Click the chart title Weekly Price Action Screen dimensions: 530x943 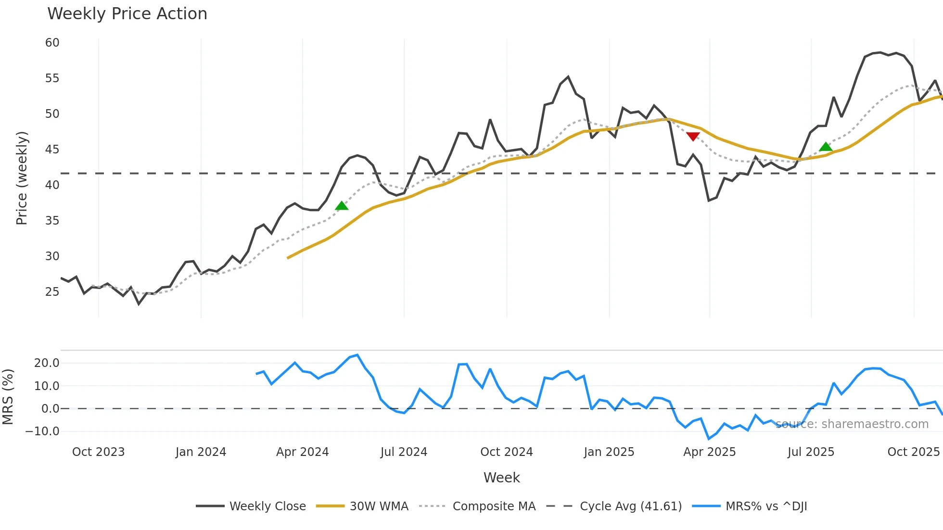click(127, 14)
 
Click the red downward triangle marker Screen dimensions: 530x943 click(693, 137)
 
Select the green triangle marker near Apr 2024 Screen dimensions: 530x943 click(342, 206)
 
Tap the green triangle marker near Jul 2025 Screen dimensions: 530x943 click(826, 147)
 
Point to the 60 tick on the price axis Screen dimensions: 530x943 click(52, 43)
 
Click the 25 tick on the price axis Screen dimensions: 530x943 click(52, 292)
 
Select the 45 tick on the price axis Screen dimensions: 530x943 click(52, 150)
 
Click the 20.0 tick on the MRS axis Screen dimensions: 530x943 click(47, 363)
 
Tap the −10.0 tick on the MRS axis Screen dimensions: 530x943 click(42, 431)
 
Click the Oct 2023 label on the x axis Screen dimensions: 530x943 click(98, 452)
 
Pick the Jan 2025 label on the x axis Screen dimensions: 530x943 click(609, 452)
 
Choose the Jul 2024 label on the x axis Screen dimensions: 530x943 click(404, 452)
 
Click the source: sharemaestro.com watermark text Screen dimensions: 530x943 click(852, 424)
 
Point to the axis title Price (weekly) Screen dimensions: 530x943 click(22, 178)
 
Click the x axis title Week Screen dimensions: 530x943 click(501, 478)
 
